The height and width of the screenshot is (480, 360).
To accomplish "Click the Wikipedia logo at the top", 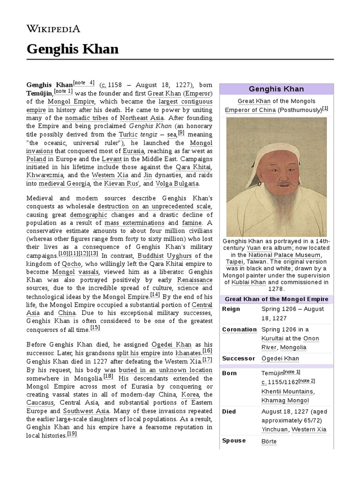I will (53, 29).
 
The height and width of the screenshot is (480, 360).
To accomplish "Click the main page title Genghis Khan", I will (72, 49).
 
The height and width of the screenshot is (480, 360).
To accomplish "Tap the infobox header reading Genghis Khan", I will (276, 89).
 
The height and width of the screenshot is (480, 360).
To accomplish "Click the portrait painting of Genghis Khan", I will (276, 176).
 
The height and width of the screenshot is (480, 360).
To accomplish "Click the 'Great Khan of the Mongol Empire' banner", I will (276, 299).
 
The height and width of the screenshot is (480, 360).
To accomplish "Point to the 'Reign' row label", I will (231, 309).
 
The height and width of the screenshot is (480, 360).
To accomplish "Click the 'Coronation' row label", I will (239, 330).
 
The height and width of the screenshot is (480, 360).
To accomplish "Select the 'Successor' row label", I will (238, 359).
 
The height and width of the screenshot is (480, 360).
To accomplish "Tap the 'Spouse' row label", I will (233, 441).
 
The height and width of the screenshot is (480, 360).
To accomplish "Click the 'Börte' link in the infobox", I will (269, 441).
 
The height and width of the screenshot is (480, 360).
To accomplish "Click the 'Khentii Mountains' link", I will (287, 391).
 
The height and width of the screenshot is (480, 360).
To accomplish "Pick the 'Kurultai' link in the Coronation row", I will (276, 338).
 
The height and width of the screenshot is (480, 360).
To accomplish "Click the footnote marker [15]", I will (95, 328).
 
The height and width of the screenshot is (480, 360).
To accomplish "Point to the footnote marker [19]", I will (72, 434).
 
